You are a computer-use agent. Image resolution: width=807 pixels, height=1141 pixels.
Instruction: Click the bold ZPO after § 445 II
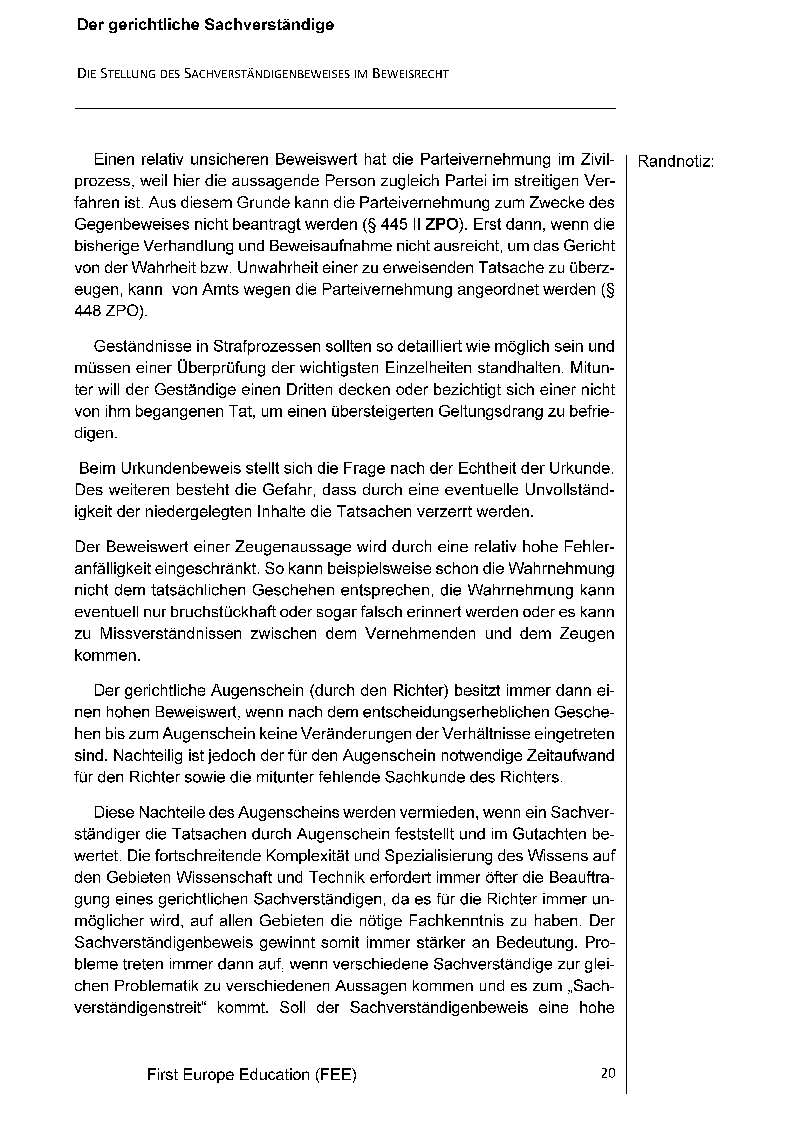click(x=442, y=225)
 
